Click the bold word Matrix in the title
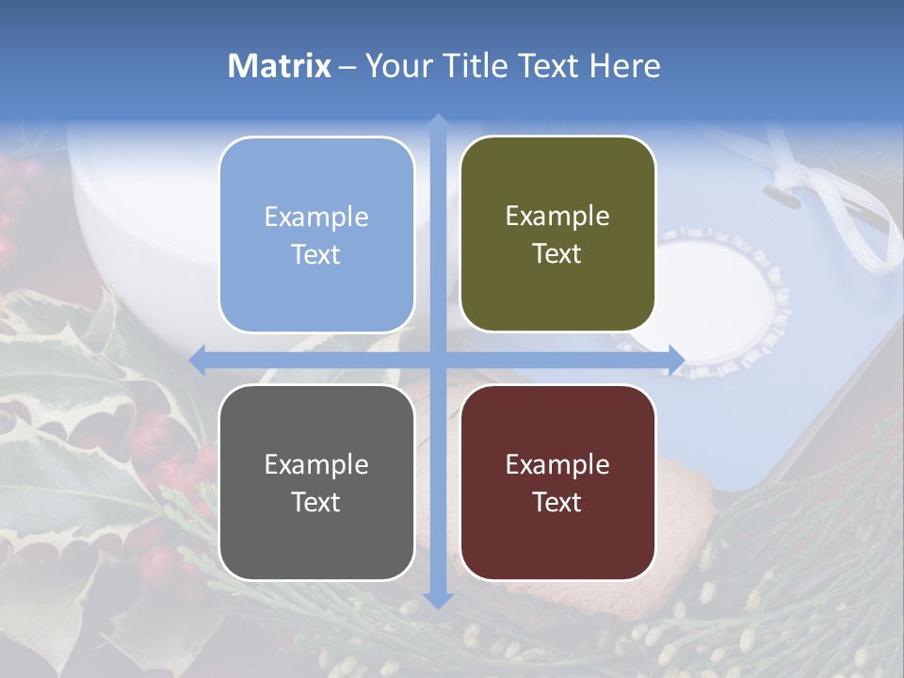280,65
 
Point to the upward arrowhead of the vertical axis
438,121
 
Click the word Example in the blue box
316,217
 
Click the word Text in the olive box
557,254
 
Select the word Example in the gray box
316,464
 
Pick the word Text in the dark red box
557,502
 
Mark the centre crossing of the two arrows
438,360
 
